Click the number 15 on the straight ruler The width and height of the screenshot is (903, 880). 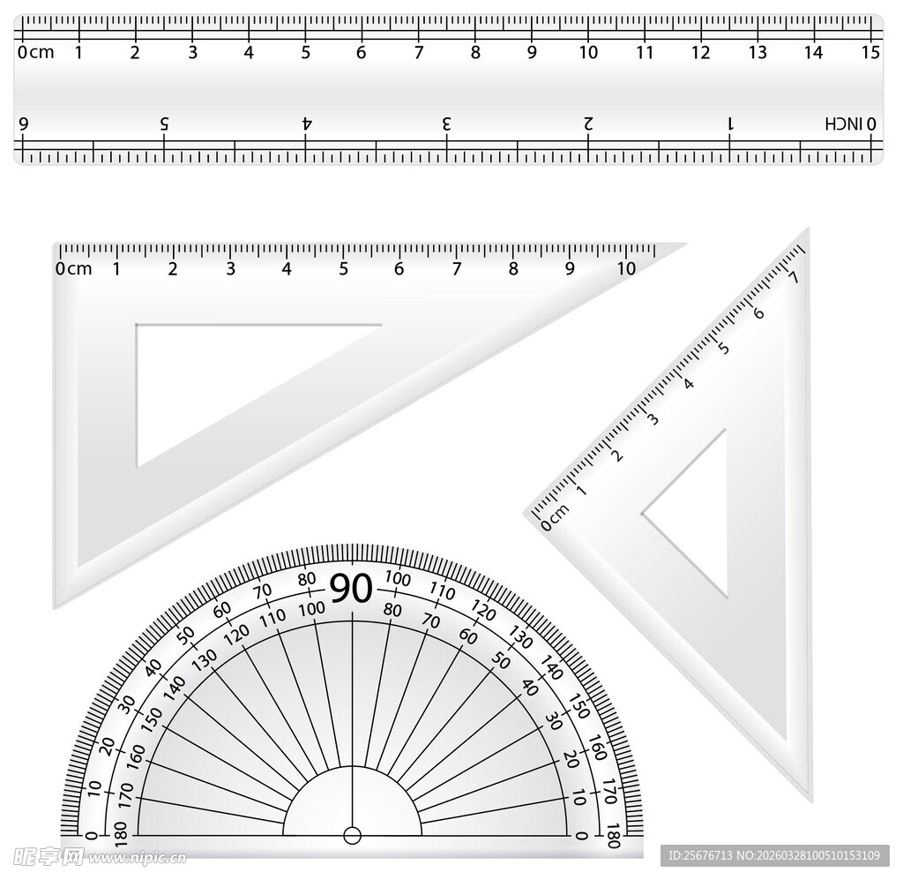pos(870,52)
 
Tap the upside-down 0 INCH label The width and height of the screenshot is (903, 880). pos(851,124)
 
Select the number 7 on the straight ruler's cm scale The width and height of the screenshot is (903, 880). pos(419,52)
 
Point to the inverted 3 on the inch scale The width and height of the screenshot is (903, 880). pos(446,124)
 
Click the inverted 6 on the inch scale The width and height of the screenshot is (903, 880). pos(24,124)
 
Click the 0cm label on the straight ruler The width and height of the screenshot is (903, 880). pos(35,52)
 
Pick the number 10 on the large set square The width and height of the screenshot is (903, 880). pos(626,268)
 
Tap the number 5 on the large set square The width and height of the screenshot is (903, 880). pos(343,268)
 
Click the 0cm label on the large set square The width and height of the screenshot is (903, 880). pos(74,268)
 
